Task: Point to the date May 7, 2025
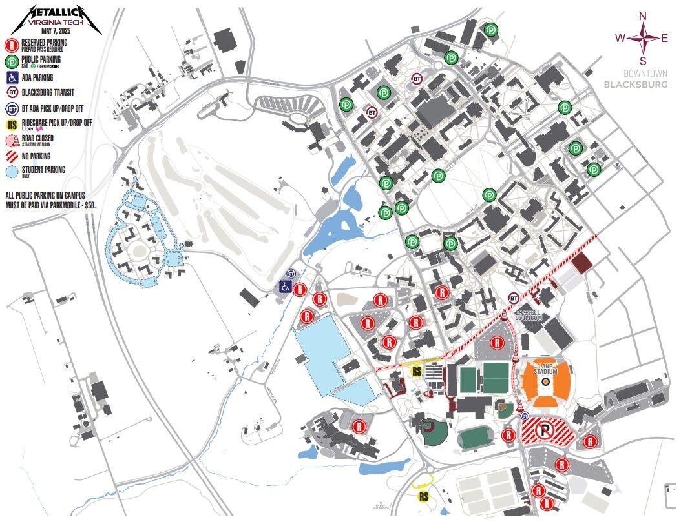tap(55, 30)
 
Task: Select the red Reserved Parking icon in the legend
tap(12, 45)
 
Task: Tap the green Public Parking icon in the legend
tap(12, 62)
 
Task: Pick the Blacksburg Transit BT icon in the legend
tap(12, 92)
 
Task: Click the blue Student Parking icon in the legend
tap(12, 172)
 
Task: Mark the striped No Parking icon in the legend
tap(12, 156)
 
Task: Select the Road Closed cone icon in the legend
tap(12, 141)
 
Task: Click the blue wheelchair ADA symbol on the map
tap(285, 287)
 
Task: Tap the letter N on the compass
tap(642, 17)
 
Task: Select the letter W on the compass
tap(620, 38)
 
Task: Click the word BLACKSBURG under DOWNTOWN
tap(636, 85)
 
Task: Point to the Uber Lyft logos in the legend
tap(31, 128)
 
